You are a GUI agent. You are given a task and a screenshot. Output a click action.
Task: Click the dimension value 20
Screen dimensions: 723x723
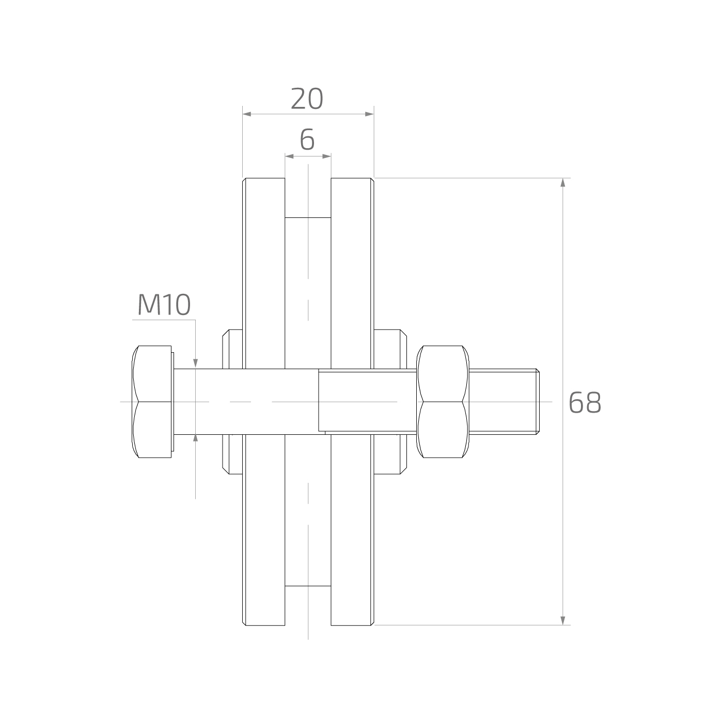click(x=307, y=99)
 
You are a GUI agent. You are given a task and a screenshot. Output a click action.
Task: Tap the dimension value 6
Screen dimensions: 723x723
click(x=307, y=139)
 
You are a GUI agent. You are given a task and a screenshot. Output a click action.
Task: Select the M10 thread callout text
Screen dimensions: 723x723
click(x=164, y=304)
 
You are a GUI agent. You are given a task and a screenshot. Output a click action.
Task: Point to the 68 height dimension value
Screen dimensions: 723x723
click(x=585, y=402)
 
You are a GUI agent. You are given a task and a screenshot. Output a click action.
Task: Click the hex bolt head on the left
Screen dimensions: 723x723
click(x=153, y=401)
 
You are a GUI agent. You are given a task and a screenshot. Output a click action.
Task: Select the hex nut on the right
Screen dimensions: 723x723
click(x=443, y=401)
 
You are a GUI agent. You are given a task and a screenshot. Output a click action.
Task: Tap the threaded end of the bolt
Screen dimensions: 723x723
click(x=504, y=401)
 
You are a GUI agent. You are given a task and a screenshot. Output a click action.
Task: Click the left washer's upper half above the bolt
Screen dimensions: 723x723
click(x=232, y=349)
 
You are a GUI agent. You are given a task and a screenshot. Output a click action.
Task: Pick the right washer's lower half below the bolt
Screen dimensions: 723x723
click(x=390, y=454)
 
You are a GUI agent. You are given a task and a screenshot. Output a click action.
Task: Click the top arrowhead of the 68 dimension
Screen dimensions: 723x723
click(x=562, y=182)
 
